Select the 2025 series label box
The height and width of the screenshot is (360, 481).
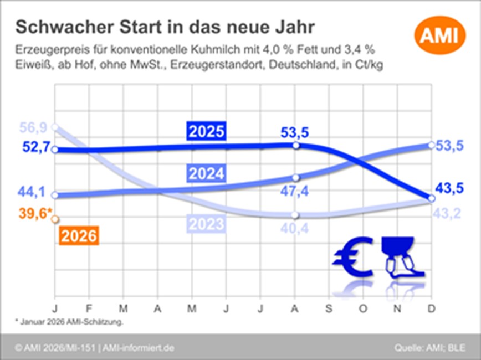pyautogui.click(x=206, y=132)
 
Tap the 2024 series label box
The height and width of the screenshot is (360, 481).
pyautogui.click(x=206, y=174)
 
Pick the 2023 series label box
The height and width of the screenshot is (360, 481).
pyautogui.click(x=206, y=224)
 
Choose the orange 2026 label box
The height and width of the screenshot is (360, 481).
pyautogui.click(x=79, y=236)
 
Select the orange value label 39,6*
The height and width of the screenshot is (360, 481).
pyautogui.click(x=35, y=214)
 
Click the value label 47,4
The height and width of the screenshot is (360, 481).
pyautogui.click(x=295, y=192)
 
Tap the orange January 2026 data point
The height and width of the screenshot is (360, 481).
pyautogui.click(x=54, y=219)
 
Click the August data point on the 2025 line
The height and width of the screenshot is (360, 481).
pyautogui.click(x=295, y=145)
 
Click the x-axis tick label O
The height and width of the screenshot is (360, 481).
pyautogui.click(x=364, y=307)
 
